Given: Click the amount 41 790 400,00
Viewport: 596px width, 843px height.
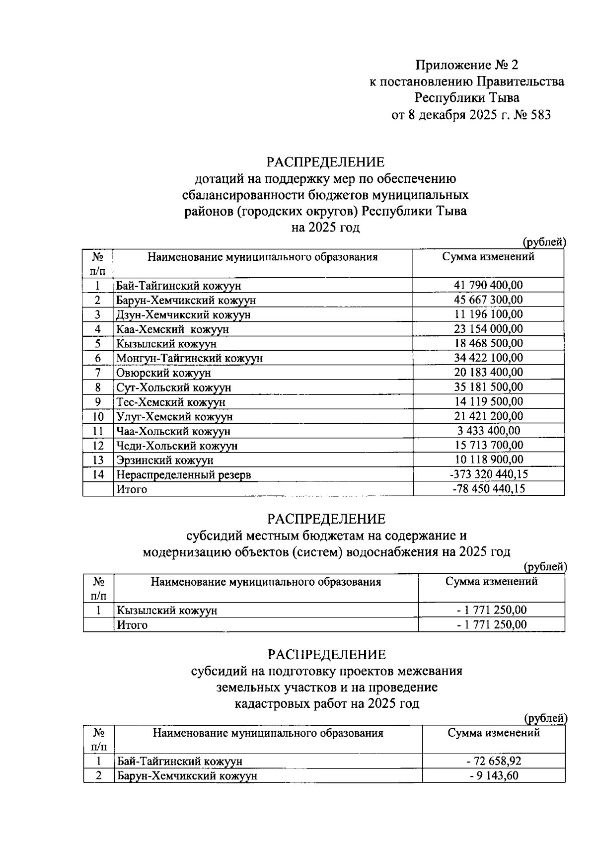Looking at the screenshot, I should click(488, 285).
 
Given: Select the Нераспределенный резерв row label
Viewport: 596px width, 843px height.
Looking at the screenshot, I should click(183, 475).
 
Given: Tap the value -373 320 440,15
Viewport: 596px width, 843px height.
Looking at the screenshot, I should click(488, 474).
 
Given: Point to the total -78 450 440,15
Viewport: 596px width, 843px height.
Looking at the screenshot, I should click(489, 489).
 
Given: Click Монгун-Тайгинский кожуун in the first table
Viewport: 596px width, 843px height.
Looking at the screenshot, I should click(189, 358).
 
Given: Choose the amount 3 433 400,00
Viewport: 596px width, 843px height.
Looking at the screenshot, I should click(489, 431).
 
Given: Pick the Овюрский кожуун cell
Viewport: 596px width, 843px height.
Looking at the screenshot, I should click(163, 373).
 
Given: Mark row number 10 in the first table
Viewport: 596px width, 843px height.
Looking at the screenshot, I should click(98, 416).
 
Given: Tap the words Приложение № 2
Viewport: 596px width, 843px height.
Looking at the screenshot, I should click(466, 65).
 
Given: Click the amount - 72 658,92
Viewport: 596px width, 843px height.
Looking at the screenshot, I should click(494, 761).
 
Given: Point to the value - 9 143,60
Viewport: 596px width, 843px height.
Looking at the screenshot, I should click(494, 775).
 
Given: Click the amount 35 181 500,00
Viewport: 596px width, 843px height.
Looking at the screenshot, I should click(488, 387).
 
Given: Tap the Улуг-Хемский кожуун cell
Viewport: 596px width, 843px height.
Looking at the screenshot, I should click(174, 416).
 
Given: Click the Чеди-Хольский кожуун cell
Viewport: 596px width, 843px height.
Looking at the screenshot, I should click(177, 446).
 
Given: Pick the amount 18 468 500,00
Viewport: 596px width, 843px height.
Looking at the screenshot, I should click(488, 343).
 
